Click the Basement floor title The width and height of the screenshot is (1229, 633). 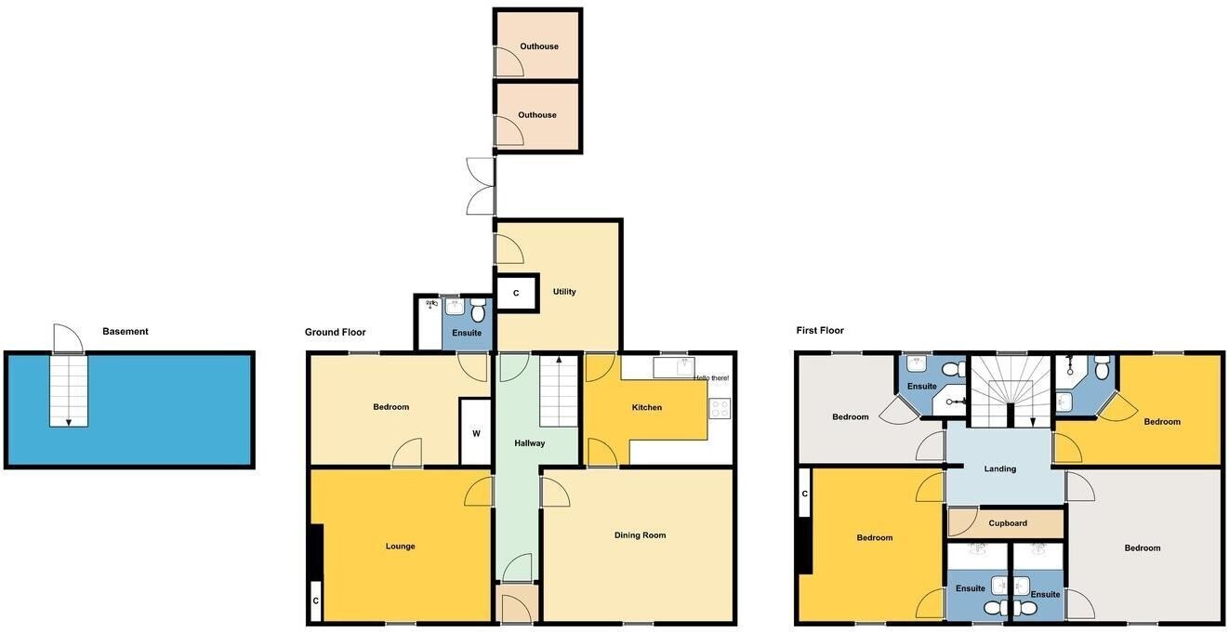tap(126, 331)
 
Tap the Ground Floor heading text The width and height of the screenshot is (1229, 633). tap(335, 332)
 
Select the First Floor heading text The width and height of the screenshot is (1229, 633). tap(820, 330)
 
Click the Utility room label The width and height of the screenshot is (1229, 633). tap(564, 292)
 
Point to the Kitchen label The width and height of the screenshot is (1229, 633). tap(646, 407)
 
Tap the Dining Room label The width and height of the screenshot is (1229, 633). tap(640, 535)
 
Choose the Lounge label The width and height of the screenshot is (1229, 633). tap(400, 547)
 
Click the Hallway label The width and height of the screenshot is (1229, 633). tap(530, 443)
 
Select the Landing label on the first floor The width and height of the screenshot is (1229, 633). tap(999, 469)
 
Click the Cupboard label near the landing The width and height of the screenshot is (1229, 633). tap(1008, 523)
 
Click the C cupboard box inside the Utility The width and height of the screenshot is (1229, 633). tap(516, 293)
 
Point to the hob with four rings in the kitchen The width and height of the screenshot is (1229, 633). tap(720, 408)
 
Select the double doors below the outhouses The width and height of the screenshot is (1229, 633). tap(482, 186)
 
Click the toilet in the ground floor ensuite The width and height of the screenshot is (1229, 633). tap(478, 310)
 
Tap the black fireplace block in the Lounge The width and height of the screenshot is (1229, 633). tap(315, 552)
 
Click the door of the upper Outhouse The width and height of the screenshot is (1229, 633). tap(509, 62)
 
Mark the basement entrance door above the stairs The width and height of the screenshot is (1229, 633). tap(68, 338)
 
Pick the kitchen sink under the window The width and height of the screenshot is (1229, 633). tap(674, 367)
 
